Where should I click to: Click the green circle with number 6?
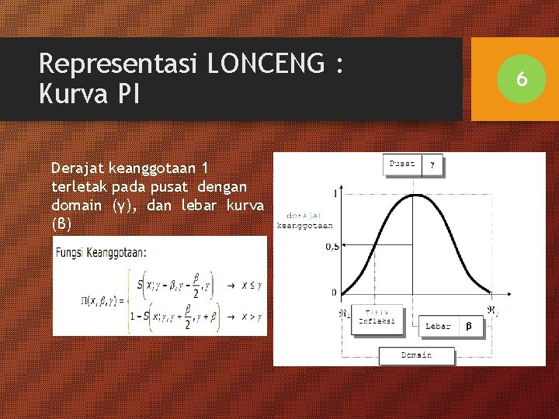click(x=522, y=78)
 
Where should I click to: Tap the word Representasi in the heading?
click(x=119, y=64)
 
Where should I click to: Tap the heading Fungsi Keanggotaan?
click(x=101, y=251)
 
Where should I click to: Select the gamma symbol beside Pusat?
click(x=432, y=164)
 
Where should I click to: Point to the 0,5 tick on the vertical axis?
click(x=332, y=247)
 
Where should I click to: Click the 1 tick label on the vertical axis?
click(x=335, y=193)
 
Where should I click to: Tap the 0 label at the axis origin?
click(x=334, y=293)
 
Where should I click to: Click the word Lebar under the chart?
click(x=438, y=327)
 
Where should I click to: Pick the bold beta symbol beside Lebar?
click(x=468, y=327)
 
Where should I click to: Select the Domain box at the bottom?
click(x=416, y=355)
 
